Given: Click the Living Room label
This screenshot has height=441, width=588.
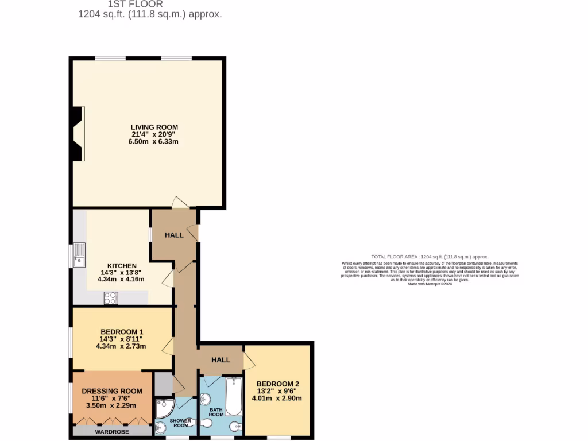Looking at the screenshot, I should click(x=154, y=127).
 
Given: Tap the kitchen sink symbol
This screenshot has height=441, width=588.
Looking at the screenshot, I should click(x=79, y=256).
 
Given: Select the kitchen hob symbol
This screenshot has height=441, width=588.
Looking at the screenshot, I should click(x=110, y=298).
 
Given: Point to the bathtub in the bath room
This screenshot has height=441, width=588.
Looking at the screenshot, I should click(x=234, y=396).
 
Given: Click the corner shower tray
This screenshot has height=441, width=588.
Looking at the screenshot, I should click(x=165, y=409).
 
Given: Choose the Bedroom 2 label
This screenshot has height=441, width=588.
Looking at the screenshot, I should click(x=277, y=384).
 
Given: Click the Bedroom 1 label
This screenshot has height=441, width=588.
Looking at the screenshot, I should click(x=121, y=332).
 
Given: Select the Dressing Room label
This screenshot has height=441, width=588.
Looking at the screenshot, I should click(x=112, y=391).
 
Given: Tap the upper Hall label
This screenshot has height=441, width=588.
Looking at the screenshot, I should click(x=174, y=235).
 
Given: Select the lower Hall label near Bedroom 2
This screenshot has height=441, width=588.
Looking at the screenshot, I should click(x=220, y=360).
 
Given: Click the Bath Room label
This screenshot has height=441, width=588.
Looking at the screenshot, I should click(x=216, y=411).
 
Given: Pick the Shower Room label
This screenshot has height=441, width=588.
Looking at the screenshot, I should click(x=181, y=423).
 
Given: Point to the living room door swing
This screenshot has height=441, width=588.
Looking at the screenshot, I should click(x=180, y=203).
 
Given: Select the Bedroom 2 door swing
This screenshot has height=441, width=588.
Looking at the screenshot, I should click(x=249, y=361).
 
